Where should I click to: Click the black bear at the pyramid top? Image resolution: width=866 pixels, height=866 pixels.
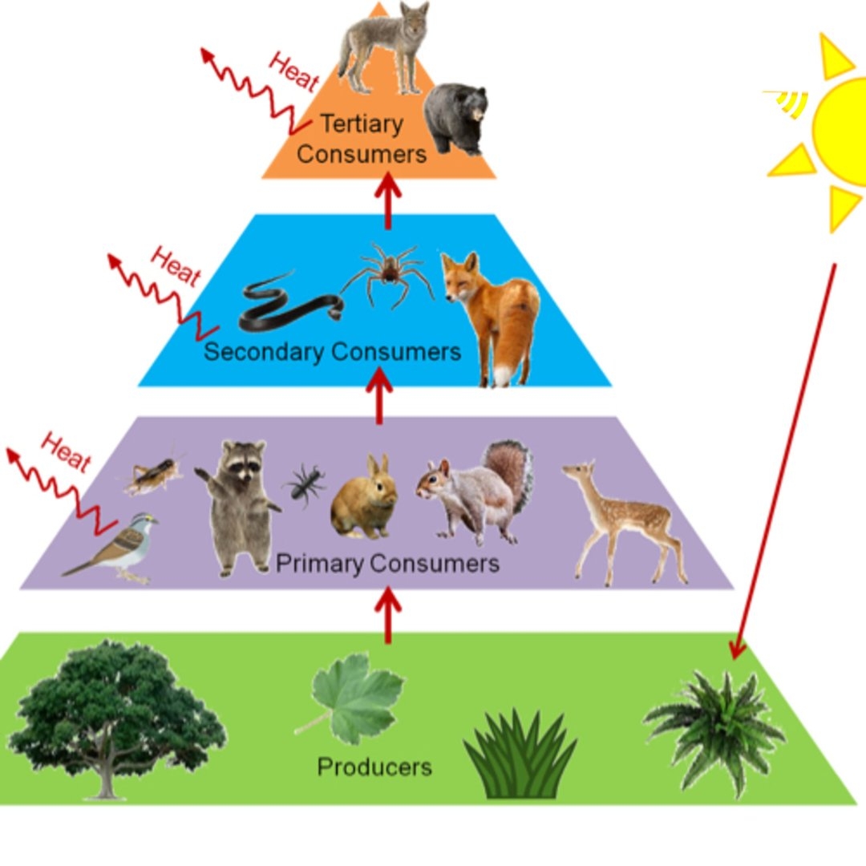tap(455, 119)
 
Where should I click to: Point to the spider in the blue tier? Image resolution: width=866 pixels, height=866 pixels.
tap(389, 273)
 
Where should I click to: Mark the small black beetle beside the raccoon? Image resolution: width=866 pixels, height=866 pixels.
tap(305, 484)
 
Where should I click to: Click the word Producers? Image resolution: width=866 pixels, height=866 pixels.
tap(374, 767)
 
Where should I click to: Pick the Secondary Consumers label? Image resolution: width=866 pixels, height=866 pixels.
tap(333, 351)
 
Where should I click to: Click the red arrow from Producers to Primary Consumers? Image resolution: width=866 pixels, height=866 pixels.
tap(389, 613)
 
